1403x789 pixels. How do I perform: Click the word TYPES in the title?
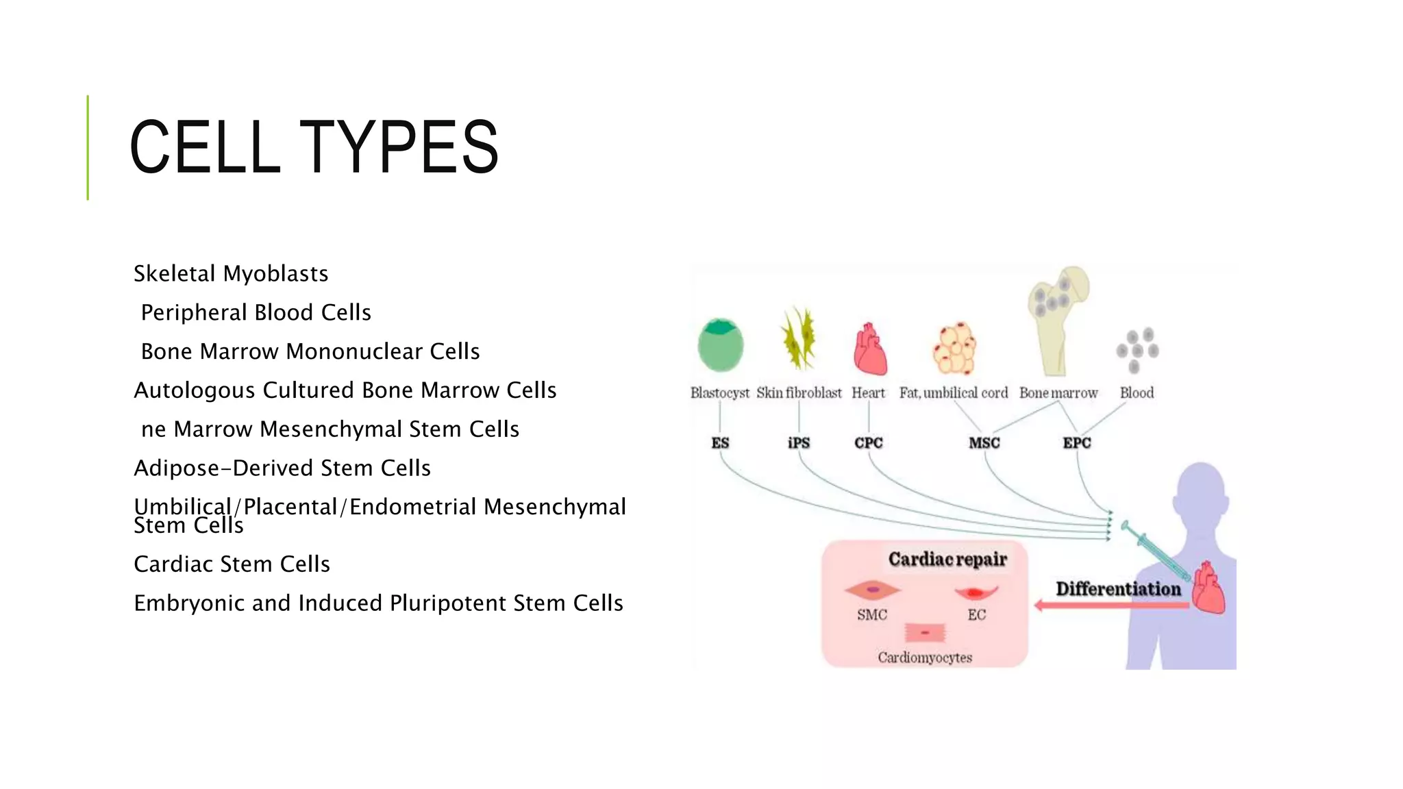pos(399,147)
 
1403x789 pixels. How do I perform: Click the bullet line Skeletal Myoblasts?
pos(231,274)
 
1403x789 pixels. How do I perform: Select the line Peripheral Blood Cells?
pos(256,313)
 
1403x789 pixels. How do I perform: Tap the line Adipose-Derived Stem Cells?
pos(282,468)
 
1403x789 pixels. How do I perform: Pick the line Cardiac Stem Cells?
pos(232,564)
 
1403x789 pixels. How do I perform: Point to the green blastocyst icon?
pos(720,345)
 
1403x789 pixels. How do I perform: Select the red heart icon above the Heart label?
pos(869,349)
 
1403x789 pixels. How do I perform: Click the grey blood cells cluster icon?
pos(1137,350)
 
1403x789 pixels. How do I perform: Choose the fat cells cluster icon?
pos(954,348)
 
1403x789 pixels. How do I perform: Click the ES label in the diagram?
pos(720,443)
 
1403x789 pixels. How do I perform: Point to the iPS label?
pos(799,443)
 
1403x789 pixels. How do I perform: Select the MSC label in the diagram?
pos(984,443)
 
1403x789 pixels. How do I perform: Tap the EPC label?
pos(1076,443)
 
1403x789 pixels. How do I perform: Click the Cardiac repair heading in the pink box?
pos(947,560)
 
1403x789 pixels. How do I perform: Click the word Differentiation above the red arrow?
pos(1118,589)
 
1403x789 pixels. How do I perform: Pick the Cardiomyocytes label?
pos(925,657)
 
